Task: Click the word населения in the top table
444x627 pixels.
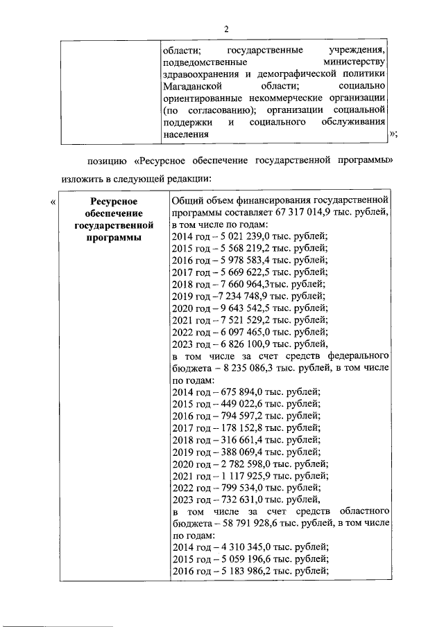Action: tap(184, 134)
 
